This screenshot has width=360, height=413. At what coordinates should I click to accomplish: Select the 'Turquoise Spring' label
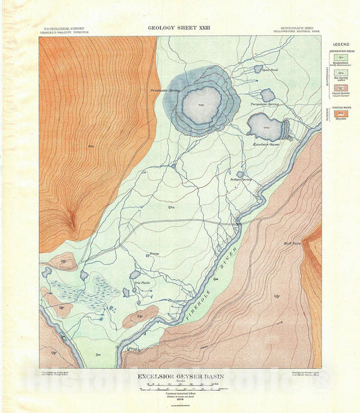265,105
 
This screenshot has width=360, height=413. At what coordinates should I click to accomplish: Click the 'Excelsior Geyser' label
265,144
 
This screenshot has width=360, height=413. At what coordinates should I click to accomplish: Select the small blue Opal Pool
258,68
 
